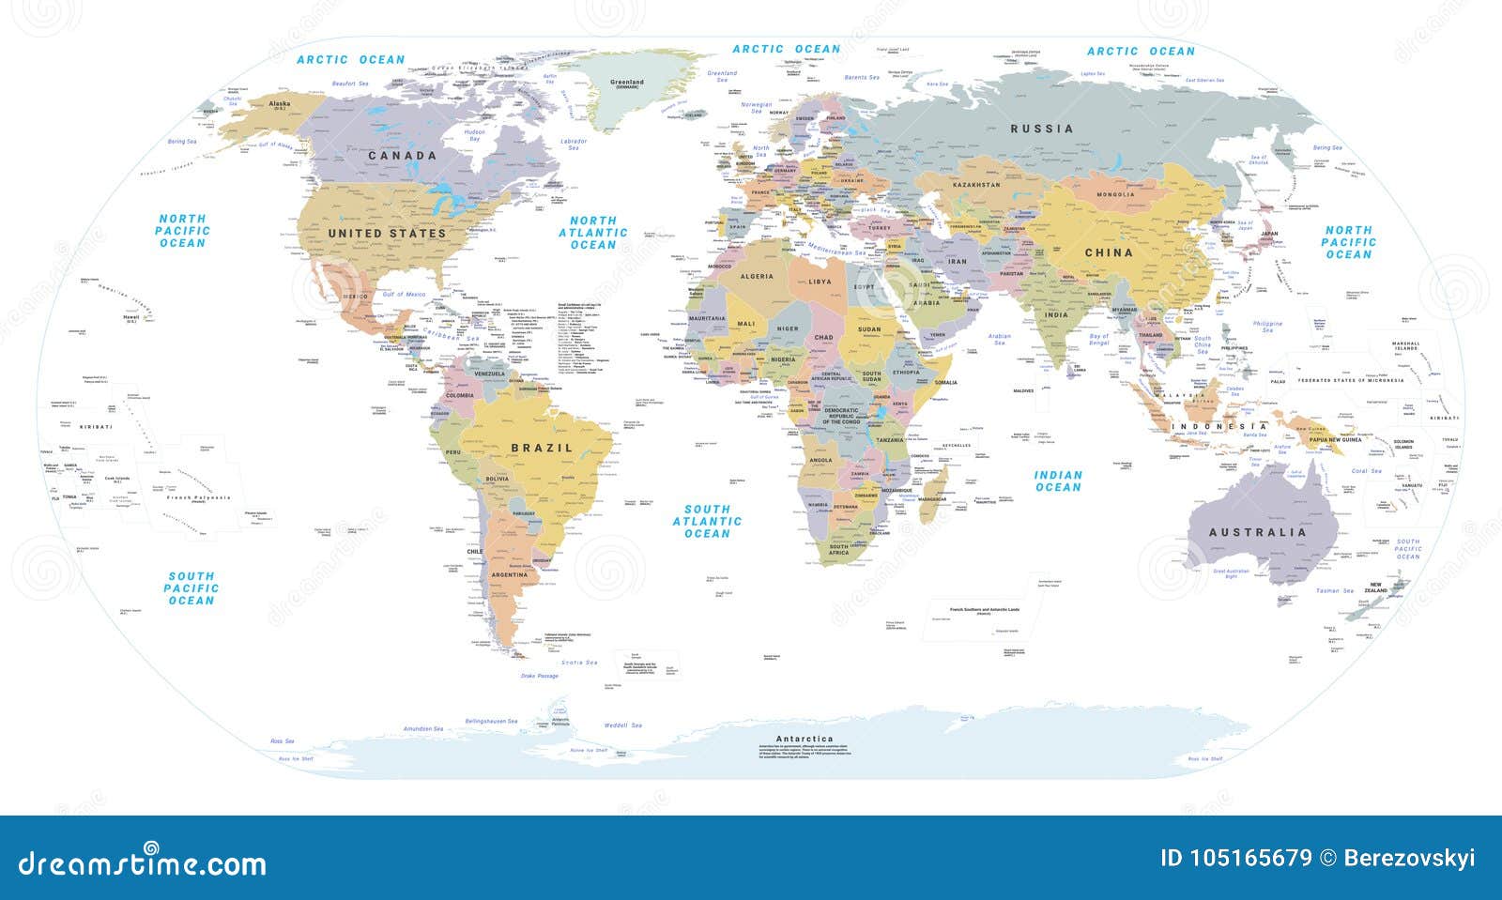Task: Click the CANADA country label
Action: coord(402,156)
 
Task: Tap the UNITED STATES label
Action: coord(387,233)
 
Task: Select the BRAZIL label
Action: coord(542,449)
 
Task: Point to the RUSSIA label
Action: coord(1041,129)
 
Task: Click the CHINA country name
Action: coord(1109,252)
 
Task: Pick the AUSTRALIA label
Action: coord(1257,532)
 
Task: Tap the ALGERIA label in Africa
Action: coord(757,277)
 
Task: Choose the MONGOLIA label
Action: coord(1115,195)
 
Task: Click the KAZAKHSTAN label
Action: coord(976,186)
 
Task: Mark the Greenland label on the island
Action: coord(627,83)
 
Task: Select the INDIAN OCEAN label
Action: coord(1058,481)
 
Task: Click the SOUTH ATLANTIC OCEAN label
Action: coord(707,521)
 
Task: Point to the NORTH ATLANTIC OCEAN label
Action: coord(593,232)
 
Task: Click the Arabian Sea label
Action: coord(1000,339)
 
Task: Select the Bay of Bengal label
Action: coord(1098,340)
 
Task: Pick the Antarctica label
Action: coord(805,739)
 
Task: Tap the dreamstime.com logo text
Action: coord(142,862)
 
